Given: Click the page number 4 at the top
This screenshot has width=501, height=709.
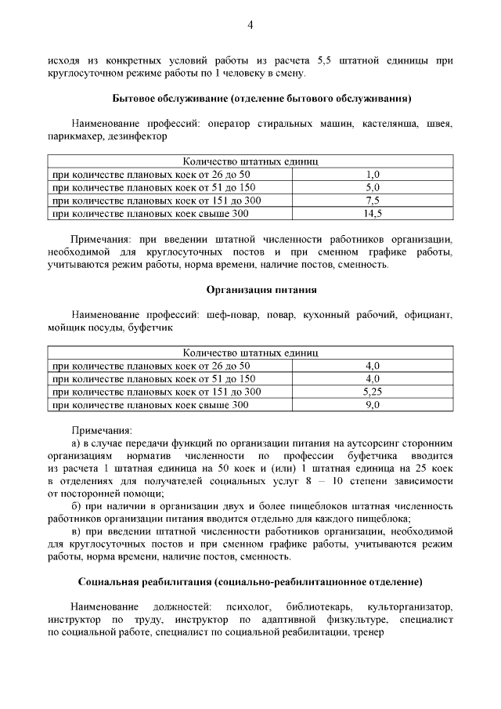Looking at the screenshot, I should click(250, 25).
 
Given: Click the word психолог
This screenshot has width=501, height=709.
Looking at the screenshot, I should click(247, 607).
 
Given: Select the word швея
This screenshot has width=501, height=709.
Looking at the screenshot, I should click(440, 123).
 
